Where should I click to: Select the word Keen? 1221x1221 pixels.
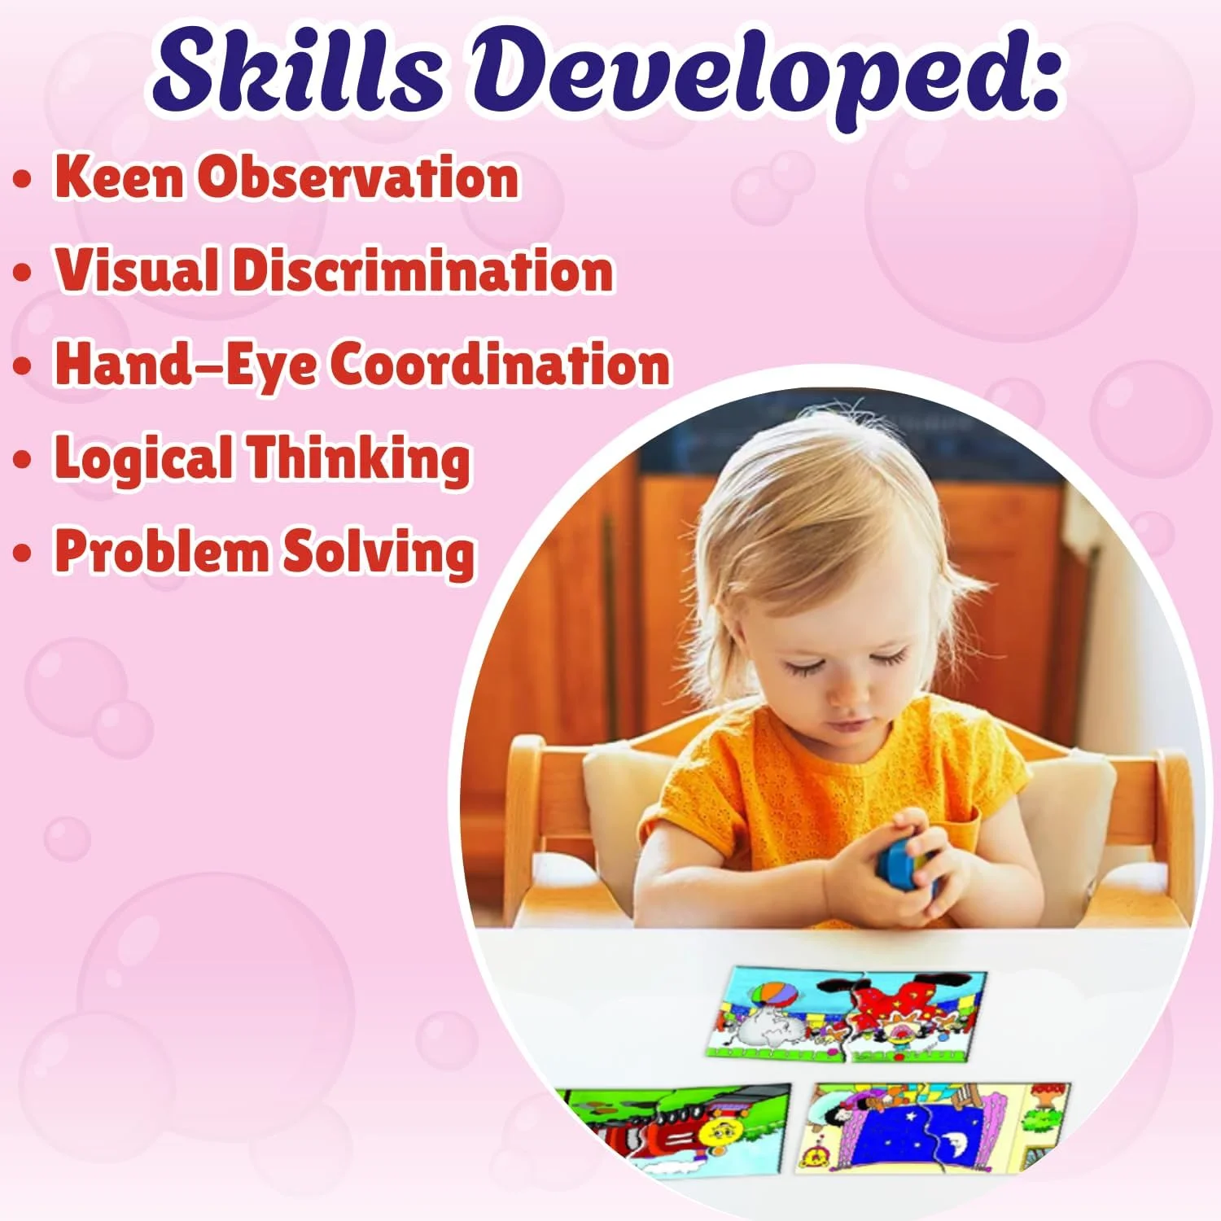[x=119, y=176]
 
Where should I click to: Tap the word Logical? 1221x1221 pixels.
[x=142, y=457]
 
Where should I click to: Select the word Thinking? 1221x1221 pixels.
[x=358, y=457]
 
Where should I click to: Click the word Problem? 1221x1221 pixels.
[x=161, y=550]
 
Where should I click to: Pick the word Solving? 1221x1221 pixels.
[x=379, y=552]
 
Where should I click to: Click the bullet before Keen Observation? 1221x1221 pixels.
[x=23, y=179]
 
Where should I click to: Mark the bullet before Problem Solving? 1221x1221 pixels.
[x=23, y=554]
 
